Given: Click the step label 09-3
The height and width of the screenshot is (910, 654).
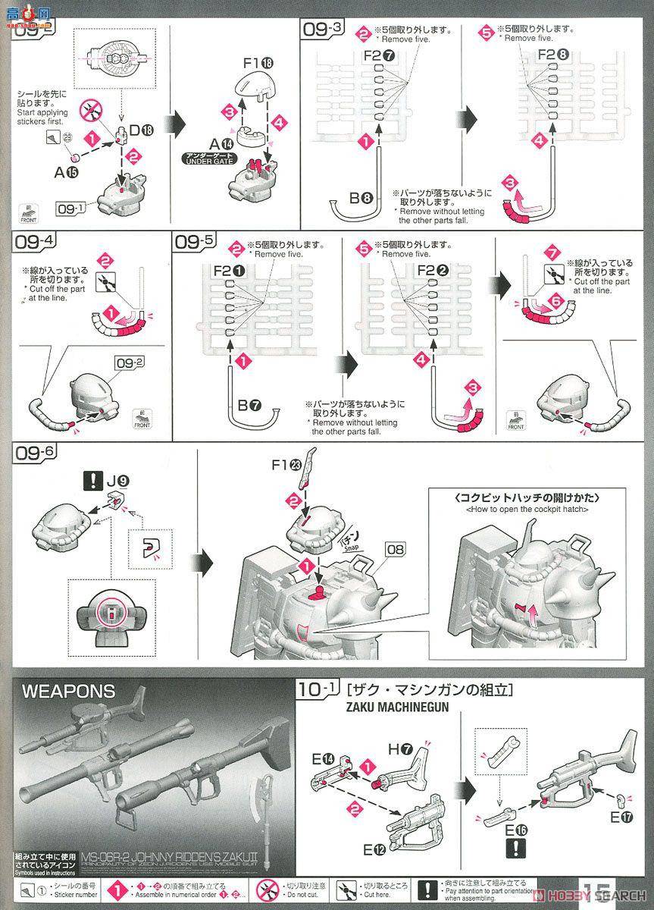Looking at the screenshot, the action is (322, 30).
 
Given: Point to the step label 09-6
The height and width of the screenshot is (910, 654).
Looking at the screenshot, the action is (35, 453).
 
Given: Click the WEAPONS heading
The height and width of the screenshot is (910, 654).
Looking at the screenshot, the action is (69, 691).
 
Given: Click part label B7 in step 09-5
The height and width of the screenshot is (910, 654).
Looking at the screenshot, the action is (248, 406).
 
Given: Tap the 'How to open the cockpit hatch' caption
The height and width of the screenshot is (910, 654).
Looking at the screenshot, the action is (523, 508).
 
